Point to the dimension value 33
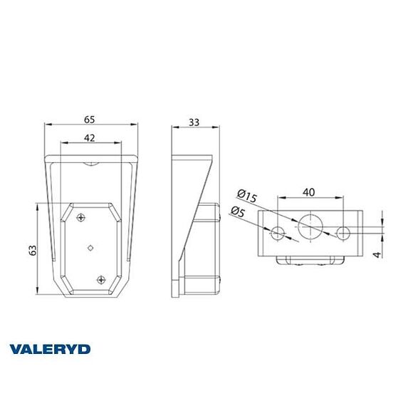coord(192,122)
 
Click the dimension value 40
coord(308,191)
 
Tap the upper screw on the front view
coord(83,217)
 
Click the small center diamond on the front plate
coord(90,247)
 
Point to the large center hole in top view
coord(310,226)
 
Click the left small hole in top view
coord(278,232)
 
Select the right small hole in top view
coord(343,232)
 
